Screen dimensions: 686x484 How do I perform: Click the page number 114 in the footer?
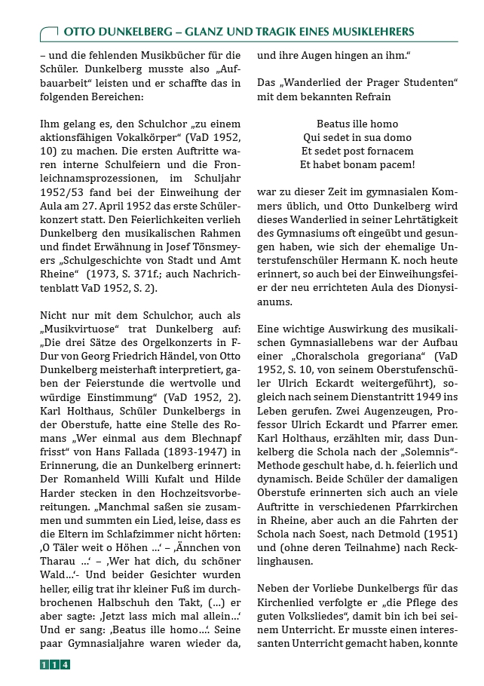pyautogui.click(x=55, y=664)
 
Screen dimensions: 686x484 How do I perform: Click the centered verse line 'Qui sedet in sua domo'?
pyautogui.click(x=357, y=137)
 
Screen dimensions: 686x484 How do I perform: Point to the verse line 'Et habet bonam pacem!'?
pyautogui.click(x=357, y=164)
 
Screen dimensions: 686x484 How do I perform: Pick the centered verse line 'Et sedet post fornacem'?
pyautogui.click(x=357, y=151)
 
